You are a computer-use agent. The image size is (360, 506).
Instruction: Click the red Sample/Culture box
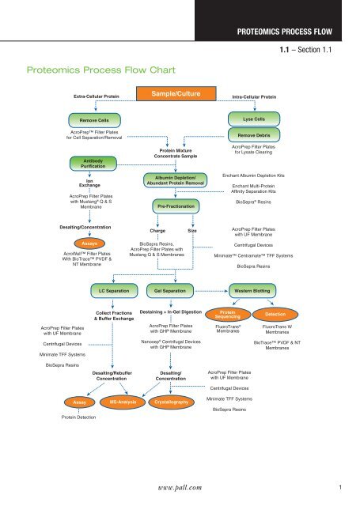180,94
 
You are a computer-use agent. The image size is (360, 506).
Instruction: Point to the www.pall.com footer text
180,489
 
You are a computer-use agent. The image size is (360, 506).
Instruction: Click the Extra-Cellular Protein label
92,96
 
